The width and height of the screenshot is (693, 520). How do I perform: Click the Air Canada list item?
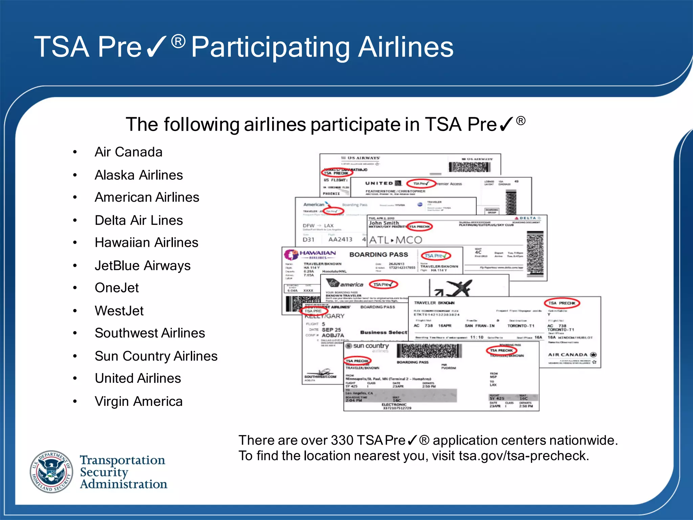[x=128, y=152]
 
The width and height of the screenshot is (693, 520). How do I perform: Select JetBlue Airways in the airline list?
[x=142, y=265]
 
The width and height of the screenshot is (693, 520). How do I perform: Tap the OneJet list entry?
[x=117, y=288]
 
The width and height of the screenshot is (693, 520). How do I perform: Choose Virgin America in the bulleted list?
[x=138, y=402]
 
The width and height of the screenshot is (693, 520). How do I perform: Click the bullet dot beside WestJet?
[x=75, y=311]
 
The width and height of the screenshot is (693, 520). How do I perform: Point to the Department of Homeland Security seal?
[x=51, y=472]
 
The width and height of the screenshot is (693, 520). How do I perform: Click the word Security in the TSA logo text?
[x=104, y=472]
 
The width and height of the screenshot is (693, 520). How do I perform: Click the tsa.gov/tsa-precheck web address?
[x=523, y=456]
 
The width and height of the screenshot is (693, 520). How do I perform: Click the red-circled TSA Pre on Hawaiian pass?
[x=435, y=256]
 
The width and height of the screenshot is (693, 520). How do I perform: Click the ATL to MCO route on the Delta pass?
[x=396, y=240]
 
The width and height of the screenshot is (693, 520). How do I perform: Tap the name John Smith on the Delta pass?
[x=384, y=223]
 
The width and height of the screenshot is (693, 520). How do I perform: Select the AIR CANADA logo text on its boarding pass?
[x=568, y=355]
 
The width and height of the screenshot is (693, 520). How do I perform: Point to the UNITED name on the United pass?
[x=379, y=183]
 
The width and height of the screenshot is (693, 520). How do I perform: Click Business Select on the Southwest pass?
[x=383, y=332]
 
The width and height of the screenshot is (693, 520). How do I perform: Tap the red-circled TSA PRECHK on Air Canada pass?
[x=562, y=303]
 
